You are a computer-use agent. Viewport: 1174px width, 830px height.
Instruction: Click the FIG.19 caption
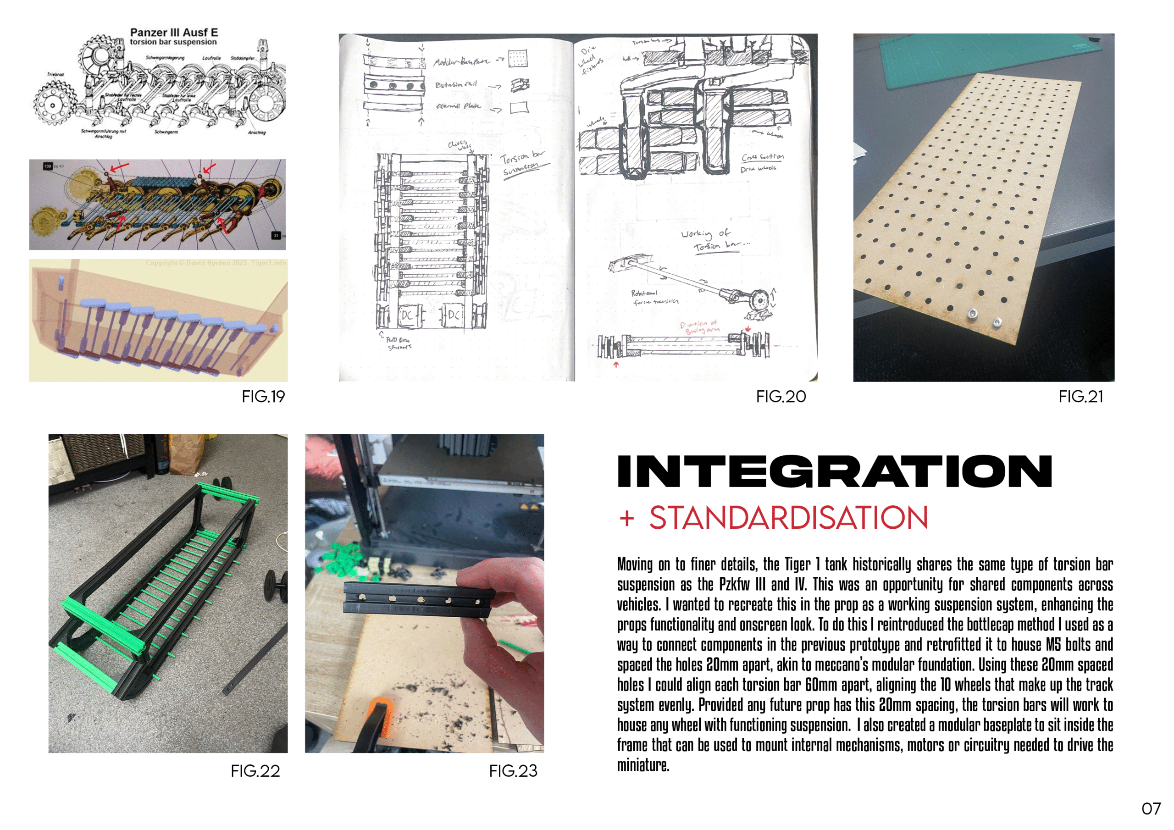coord(263,397)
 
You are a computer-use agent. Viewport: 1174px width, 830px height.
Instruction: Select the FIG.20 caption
coord(781,397)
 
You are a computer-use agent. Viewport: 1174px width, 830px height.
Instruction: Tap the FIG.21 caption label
coord(1080,397)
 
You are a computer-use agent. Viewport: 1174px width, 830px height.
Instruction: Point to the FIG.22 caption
coord(255,771)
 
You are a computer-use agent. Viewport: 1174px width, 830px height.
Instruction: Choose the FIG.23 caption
coord(513,771)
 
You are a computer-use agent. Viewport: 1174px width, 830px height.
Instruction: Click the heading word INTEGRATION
coord(834,471)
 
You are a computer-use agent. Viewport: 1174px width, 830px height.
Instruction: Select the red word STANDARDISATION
coord(788,518)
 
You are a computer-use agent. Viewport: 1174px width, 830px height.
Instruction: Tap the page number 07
coord(1151,808)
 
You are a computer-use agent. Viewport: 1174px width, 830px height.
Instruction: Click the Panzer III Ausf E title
coord(173,33)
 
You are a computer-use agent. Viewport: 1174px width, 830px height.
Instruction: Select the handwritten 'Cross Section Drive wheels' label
coord(761,162)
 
